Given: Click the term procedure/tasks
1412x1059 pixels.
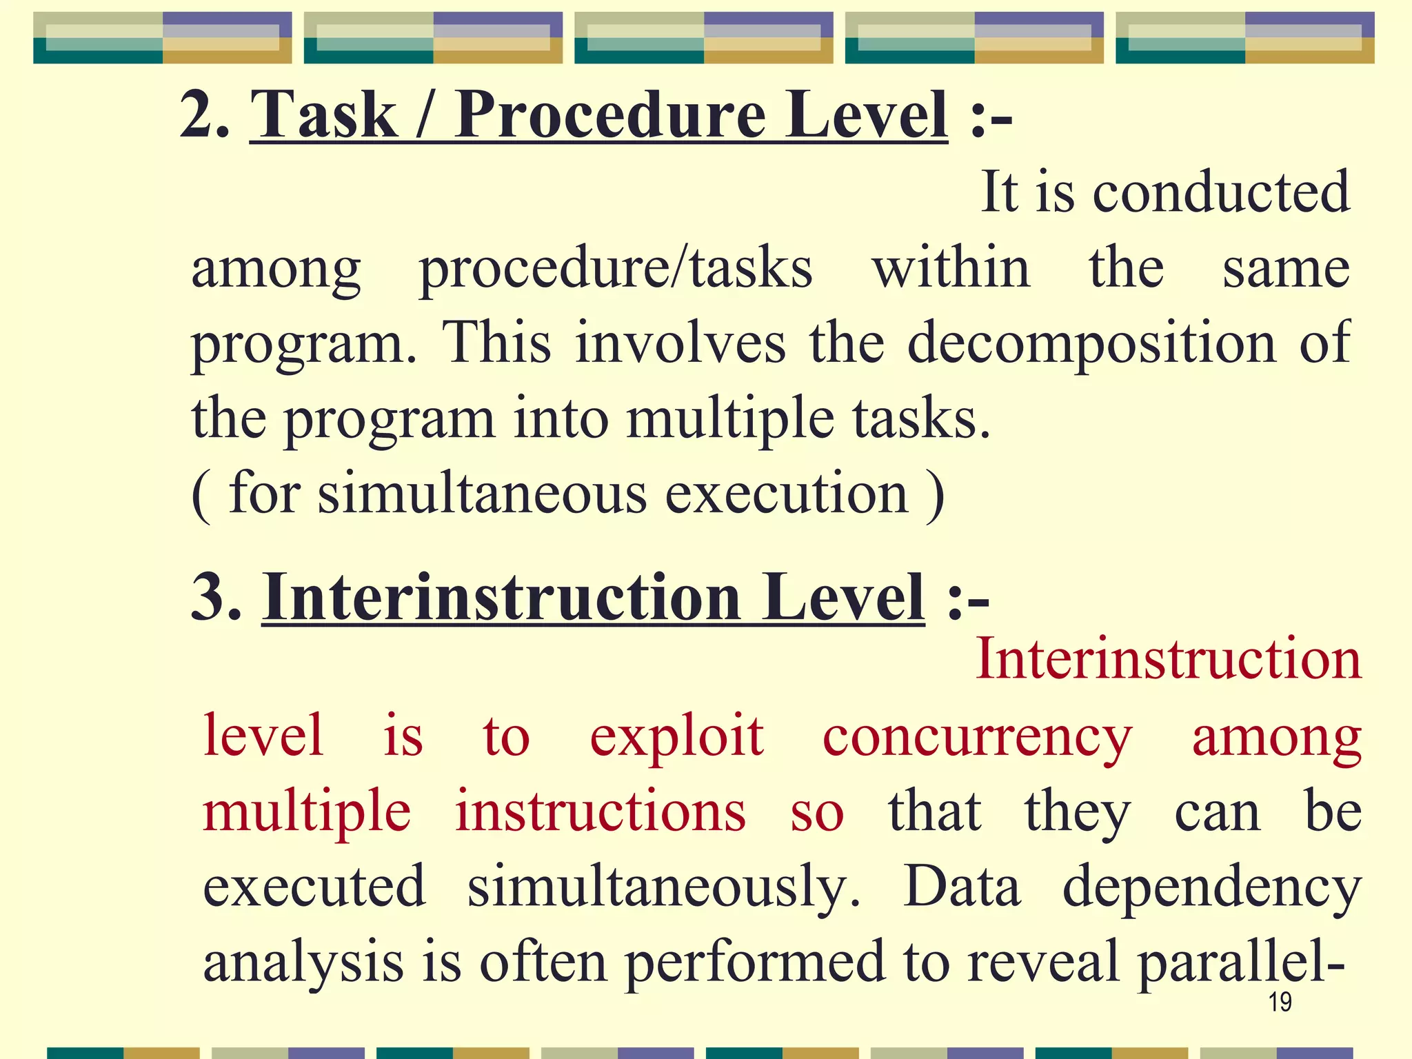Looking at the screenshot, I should (616, 269).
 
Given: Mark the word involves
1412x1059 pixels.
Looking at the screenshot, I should (680, 343).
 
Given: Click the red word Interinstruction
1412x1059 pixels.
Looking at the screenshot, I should (1169, 659).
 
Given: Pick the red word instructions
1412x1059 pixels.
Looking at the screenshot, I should (600, 812).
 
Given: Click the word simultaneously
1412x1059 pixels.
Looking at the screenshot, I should (663, 888).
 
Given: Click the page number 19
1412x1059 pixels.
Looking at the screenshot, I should (1280, 1002).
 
